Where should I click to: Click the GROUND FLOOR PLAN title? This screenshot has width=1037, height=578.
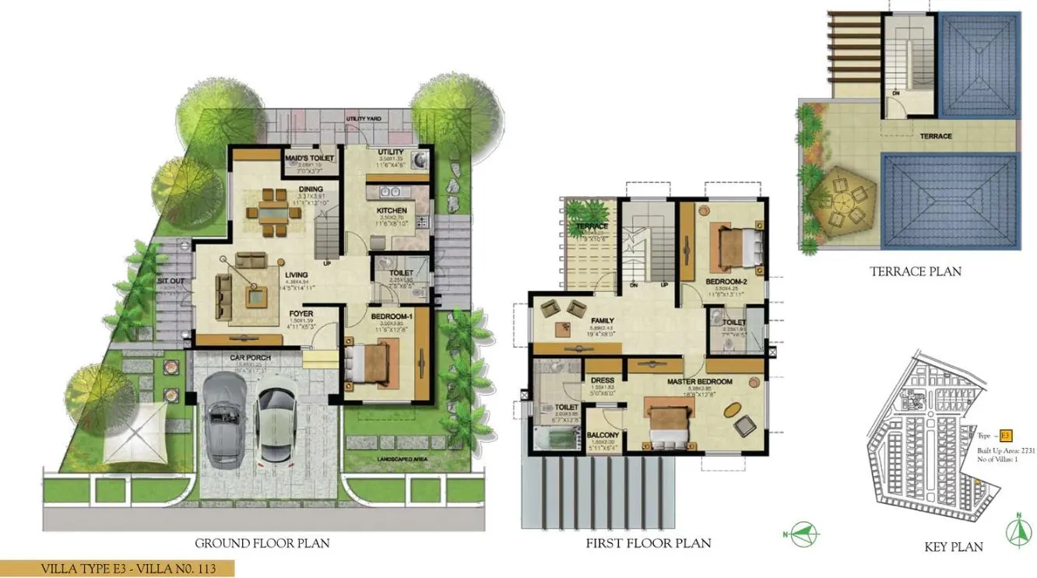point(262,543)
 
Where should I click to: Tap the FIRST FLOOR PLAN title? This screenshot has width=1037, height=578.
point(649,543)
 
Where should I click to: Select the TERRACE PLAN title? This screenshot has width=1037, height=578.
point(915,271)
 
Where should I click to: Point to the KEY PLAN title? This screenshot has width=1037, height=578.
point(953,546)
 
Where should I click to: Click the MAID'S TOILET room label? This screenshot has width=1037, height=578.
point(309,158)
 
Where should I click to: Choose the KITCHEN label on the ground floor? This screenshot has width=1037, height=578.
point(391,211)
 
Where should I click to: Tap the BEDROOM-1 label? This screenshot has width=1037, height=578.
point(391,316)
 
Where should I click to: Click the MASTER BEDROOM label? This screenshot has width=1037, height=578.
point(699,382)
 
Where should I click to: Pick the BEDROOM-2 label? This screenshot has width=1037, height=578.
point(726,281)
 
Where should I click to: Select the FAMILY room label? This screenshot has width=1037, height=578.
point(603,321)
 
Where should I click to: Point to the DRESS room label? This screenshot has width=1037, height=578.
point(603,380)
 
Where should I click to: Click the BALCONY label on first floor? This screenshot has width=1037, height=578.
point(603,436)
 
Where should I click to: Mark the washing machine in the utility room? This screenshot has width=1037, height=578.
point(420,160)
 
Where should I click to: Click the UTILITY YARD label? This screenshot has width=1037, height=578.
point(364,118)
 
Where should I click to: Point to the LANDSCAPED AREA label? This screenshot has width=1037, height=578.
point(400,460)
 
